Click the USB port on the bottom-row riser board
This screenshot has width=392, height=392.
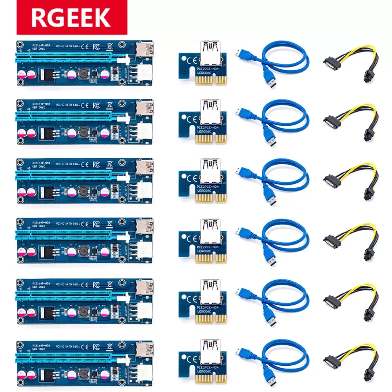[x=145, y=350]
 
